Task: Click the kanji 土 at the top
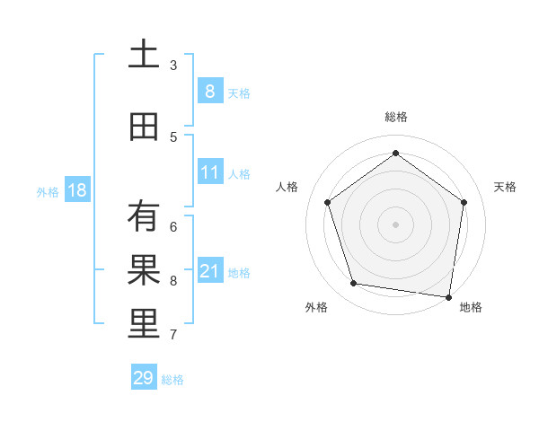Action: click(143, 54)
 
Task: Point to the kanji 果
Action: click(143, 270)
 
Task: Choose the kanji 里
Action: click(143, 324)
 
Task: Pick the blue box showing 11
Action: click(209, 172)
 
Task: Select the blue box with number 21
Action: click(209, 271)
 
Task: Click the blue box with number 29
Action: click(143, 378)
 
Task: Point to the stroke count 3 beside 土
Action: click(173, 65)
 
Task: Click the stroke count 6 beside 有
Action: click(173, 226)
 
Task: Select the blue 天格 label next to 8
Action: click(238, 92)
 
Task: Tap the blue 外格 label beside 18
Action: click(48, 191)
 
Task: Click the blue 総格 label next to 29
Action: click(172, 379)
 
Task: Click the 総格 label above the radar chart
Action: click(395, 117)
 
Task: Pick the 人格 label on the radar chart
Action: click(287, 187)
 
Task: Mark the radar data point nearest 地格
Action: click(447, 296)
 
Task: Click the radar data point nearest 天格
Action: click(464, 202)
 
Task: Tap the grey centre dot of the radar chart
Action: click(395, 224)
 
